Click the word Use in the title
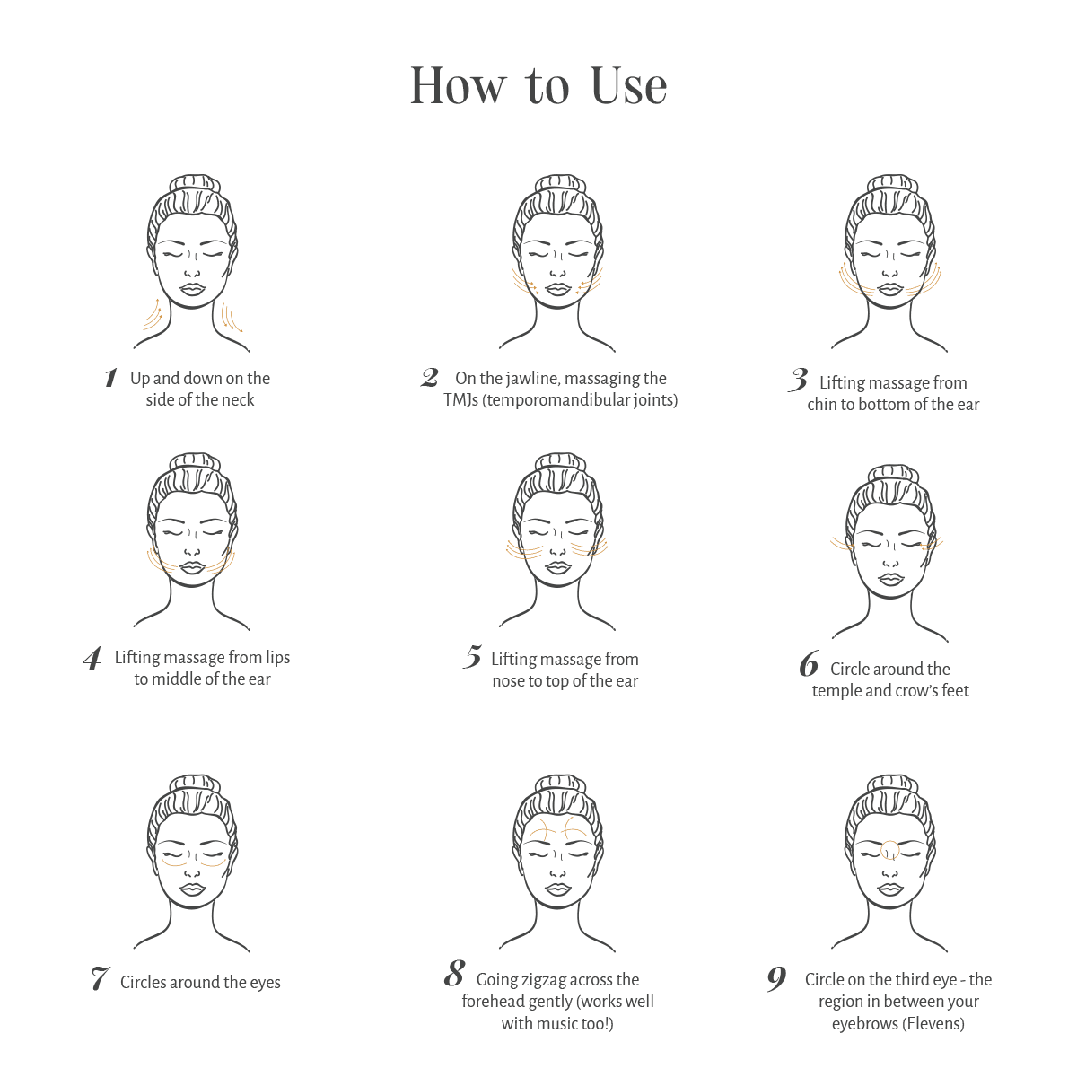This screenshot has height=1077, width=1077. [629, 86]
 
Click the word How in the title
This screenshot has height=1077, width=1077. [458, 86]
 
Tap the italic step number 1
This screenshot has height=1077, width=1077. [111, 377]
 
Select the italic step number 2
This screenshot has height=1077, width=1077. [430, 378]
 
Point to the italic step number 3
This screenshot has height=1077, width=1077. [799, 380]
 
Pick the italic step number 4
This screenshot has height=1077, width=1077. [92, 658]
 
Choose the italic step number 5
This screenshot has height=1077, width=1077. [473, 657]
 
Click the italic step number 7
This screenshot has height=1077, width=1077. [101, 978]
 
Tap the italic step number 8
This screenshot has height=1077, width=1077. [455, 973]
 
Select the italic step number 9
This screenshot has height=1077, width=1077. [777, 978]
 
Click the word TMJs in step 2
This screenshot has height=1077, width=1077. [461, 400]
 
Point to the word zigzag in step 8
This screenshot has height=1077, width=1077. [546, 980]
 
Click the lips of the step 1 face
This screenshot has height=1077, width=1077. [193, 290]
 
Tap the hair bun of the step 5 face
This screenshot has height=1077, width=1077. [561, 463]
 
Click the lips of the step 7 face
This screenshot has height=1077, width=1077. [193, 889]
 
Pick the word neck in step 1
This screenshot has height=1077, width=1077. [239, 400]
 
